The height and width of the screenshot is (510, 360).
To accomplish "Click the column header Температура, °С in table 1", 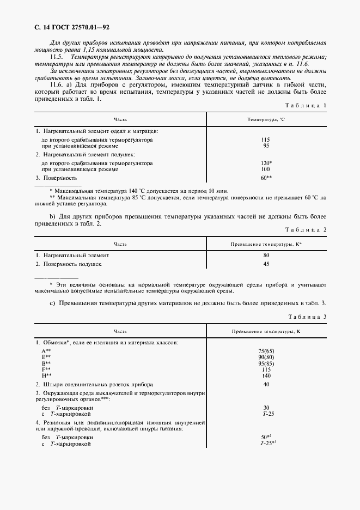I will (266, 119).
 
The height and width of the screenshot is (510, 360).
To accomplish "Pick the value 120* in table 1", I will (266, 163).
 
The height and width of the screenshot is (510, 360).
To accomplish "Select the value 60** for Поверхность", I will (266, 178).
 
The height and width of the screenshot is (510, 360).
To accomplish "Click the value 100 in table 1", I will (266, 169).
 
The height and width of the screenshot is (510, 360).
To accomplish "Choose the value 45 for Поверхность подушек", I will (266, 264).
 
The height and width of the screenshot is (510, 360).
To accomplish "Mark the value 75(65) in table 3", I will (266, 351).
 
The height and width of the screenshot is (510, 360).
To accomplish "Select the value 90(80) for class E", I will (266, 357).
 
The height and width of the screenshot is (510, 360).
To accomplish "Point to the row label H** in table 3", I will (46, 375).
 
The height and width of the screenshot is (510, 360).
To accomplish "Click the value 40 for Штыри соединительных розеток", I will (266, 384).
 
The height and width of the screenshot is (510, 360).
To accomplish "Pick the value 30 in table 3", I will (266, 407).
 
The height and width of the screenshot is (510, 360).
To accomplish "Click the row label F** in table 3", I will (46, 369).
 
